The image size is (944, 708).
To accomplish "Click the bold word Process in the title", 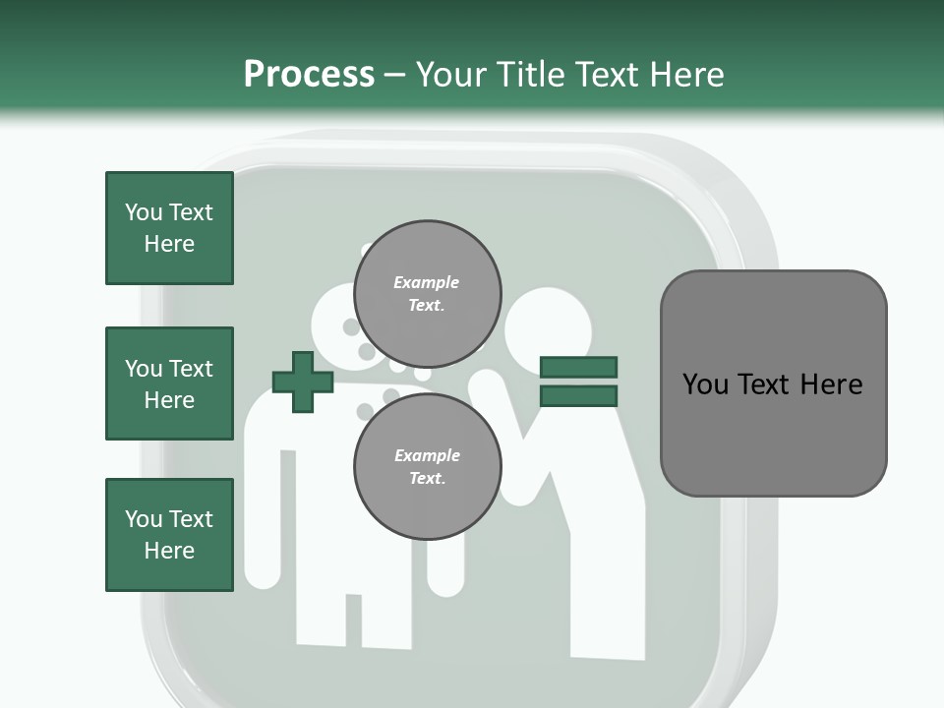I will tap(309, 75).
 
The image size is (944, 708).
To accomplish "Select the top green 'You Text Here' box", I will tap(169, 228).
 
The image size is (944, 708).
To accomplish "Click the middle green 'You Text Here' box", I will tap(169, 383).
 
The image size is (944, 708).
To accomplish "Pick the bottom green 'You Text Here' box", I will tap(169, 535).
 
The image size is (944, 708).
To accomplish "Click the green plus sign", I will tap(303, 382).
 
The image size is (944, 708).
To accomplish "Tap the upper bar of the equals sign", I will tap(578, 367).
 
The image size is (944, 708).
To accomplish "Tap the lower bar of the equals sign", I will tap(578, 396).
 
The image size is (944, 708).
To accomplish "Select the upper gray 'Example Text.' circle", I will tap(427, 293).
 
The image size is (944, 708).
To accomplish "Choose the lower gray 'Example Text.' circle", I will tap(427, 466).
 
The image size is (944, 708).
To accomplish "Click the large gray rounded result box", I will tap(773, 383).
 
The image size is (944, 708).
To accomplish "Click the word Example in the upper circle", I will tap(427, 282).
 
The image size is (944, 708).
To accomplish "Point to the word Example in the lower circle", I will tap(427, 455).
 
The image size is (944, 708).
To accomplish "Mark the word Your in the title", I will tap(451, 75).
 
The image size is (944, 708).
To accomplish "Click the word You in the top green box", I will tap(143, 212).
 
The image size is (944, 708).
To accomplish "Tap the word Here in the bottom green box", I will tap(169, 551).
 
